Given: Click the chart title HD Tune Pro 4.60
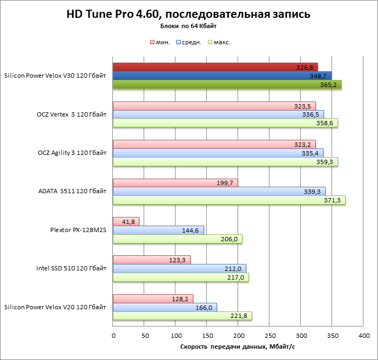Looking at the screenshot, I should [188, 14].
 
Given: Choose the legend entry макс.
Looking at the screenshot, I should [222, 42].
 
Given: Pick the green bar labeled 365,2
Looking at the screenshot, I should [227, 84].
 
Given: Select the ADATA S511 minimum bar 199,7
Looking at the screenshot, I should [175, 183].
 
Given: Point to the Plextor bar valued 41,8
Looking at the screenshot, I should [126, 221].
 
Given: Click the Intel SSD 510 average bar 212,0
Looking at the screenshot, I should [179, 268].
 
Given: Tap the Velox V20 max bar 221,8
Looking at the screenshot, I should [182, 316].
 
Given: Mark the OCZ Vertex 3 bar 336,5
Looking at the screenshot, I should [218, 114].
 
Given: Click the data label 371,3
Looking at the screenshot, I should [334, 200].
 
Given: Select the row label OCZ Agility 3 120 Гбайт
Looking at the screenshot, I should [71, 153].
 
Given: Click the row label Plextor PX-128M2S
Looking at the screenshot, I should [78, 230].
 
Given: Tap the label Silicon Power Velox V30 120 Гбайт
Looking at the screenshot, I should [55, 76].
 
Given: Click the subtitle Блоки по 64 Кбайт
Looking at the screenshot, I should [188, 26].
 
